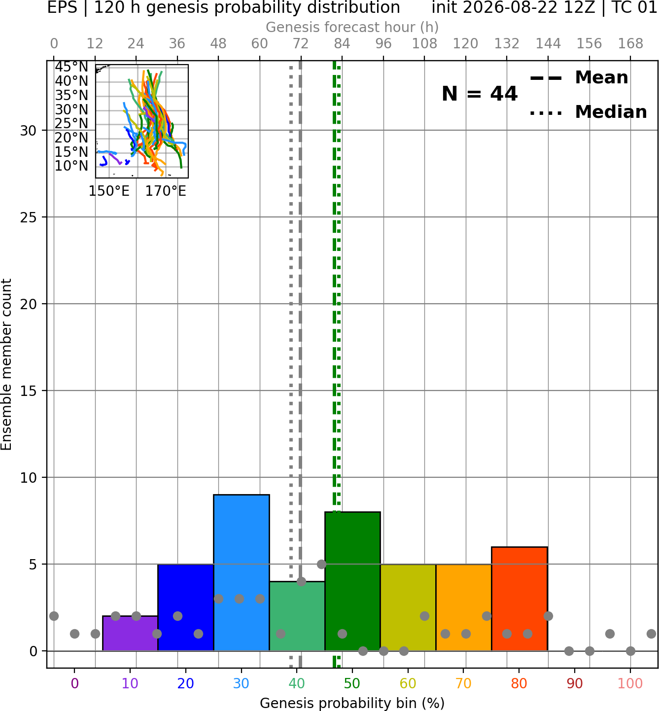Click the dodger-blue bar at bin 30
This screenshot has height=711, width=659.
point(241,572)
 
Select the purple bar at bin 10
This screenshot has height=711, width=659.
point(130,633)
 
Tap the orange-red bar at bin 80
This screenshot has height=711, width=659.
point(520,599)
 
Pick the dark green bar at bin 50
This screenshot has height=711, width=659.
point(352,581)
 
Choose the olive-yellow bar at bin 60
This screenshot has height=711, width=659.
point(408,607)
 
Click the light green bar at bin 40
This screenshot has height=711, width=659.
point(297,616)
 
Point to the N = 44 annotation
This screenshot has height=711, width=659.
point(479,94)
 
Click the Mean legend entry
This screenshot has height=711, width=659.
point(579,77)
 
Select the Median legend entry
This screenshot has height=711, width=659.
point(588,112)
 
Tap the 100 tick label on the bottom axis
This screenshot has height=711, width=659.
point(630,683)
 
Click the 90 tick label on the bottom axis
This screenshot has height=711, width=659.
point(575,683)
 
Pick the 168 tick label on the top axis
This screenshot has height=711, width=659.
point(630,44)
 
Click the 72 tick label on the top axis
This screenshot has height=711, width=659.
point(301,44)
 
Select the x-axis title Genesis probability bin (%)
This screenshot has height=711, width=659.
point(352,703)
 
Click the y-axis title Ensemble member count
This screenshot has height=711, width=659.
point(6,364)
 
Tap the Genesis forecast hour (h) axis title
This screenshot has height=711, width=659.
point(352,27)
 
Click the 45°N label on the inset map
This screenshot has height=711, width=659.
point(71,67)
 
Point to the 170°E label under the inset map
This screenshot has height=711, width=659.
point(166,191)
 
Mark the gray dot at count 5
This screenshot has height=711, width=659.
point(321,564)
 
